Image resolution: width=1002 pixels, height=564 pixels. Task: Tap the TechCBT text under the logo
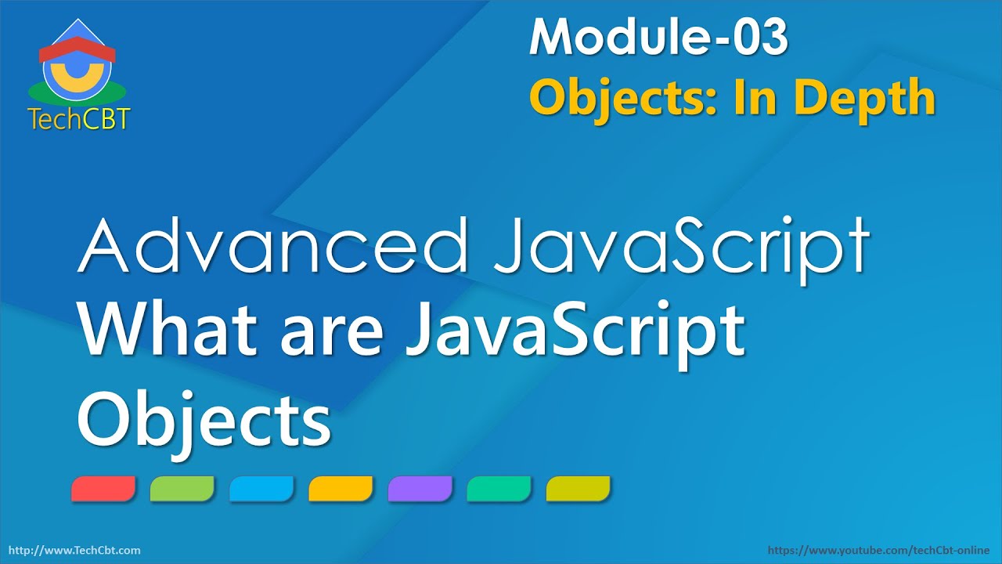pos(78,118)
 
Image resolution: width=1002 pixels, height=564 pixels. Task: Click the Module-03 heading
pos(658,37)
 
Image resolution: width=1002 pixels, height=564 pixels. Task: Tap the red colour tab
pos(103,489)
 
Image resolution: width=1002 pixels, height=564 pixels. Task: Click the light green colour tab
pos(182,489)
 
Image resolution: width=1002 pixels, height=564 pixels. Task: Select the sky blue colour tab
pos(261,489)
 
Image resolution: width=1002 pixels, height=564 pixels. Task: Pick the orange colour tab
pos(341,489)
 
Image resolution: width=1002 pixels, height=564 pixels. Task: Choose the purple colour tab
pos(420,489)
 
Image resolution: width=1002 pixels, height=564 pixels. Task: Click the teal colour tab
pos(499,489)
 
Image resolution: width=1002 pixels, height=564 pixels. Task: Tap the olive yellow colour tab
pos(578,489)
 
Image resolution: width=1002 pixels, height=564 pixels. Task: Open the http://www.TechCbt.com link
pos(74,551)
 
